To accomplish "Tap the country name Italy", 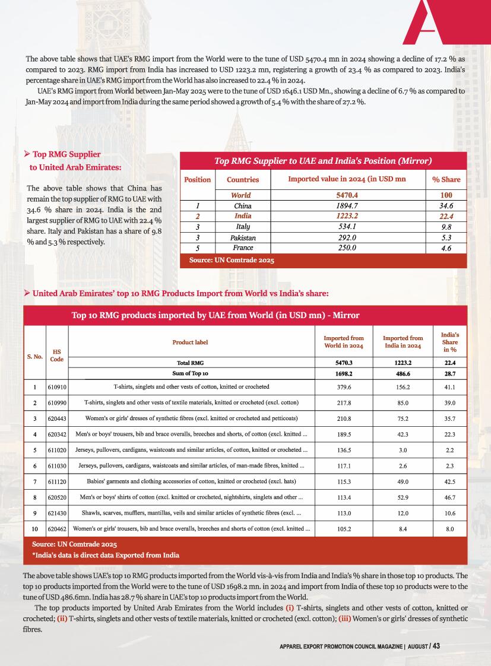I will (x=243, y=227).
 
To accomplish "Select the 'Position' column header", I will (x=198, y=179).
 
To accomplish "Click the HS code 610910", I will (x=57, y=387).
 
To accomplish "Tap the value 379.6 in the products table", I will (x=344, y=387).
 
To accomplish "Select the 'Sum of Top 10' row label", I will (x=191, y=374).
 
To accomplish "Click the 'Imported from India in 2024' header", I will (x=403, y=342).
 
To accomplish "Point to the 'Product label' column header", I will (x=191, y=342).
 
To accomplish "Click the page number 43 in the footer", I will (x=436, y=646).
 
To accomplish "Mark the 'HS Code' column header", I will (x=57, y=355).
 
